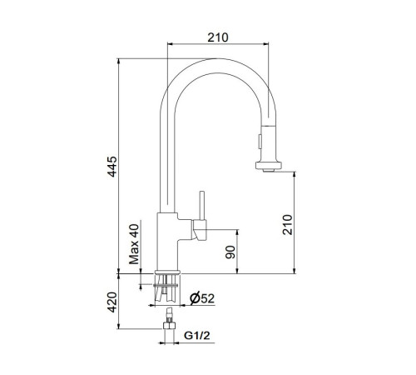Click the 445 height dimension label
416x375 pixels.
tap(112, 167)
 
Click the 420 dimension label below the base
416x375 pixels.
tap(112, 302)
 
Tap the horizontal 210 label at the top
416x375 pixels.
tap(218, 37)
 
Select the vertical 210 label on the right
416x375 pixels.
tap(288, 225)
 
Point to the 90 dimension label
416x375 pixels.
tap(230, 252)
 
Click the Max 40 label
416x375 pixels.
tap(134, 244)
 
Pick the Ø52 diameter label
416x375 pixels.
tap(202, 298)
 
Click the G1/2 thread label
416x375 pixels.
tap(197, 336)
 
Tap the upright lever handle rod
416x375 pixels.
tap(202, 206)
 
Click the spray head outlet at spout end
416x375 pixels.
tap(269, 166)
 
